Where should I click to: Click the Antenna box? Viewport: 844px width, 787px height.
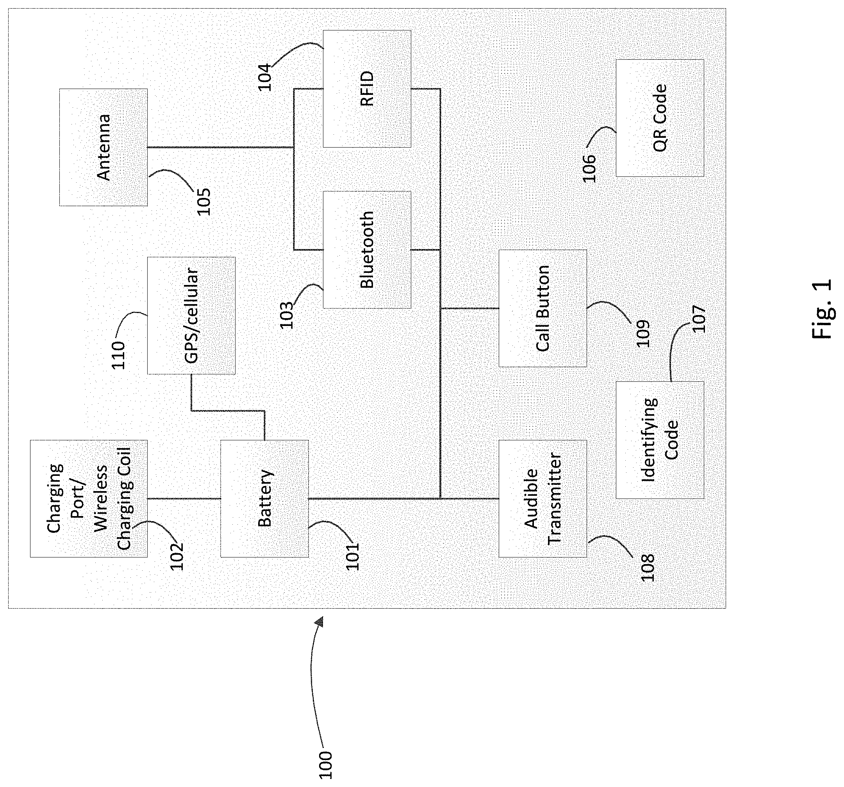tap(103, 147)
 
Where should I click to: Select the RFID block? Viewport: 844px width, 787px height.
tap(367, 89)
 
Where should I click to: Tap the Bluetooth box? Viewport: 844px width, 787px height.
tap(367, 249)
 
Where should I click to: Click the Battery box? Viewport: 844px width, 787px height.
tap(264, 499)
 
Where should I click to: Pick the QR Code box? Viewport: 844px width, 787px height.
tap(660, 118)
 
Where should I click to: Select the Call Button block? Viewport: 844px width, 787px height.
tap(542, 308)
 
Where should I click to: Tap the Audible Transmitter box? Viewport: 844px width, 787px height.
tap(542, 499)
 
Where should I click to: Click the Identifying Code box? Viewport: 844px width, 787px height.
tap(660, 440)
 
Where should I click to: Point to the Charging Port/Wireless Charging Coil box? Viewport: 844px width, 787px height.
tap(89, 499)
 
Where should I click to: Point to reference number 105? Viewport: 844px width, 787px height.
tap(203, 201)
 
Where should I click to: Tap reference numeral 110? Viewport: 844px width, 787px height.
tap(118, 355)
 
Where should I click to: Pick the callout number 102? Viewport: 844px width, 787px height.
tap(177, 556)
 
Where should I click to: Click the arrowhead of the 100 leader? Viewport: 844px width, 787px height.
tap(319, 621)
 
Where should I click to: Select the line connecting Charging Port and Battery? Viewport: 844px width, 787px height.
tap(184, 498)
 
